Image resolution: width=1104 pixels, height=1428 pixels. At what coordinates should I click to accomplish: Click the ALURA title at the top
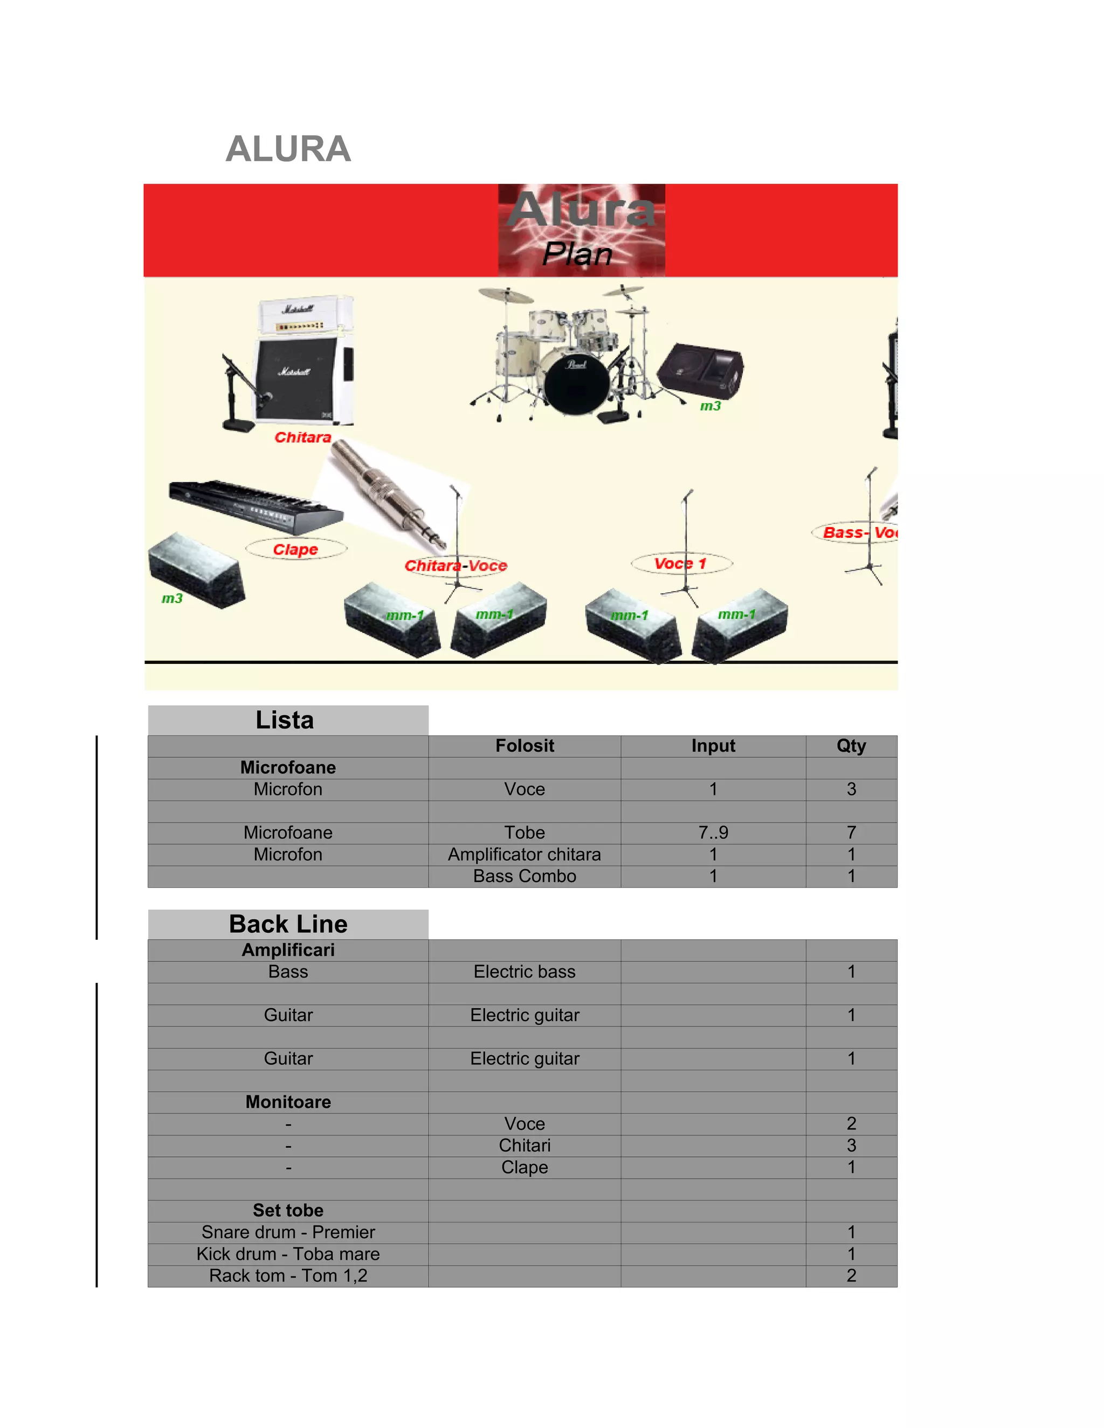click(288, 149)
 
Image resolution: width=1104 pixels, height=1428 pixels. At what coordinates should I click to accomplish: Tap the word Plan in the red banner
click(577, 254)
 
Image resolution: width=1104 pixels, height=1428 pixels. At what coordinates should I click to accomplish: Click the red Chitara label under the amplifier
click(303, 438)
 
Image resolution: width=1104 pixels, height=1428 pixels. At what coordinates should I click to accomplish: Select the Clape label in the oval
click(295, 549)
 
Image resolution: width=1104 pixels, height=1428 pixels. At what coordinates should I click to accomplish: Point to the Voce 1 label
click(680, 564)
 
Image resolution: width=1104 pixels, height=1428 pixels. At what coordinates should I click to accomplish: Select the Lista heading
click(285, 720)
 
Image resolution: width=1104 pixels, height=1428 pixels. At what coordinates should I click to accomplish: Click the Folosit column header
click(525, 746)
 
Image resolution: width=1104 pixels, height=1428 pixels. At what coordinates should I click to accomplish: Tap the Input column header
click(713, 746)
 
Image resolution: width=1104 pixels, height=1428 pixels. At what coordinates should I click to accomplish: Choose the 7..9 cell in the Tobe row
click(713, 833)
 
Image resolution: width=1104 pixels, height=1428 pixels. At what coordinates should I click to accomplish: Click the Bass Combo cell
click(525, 876)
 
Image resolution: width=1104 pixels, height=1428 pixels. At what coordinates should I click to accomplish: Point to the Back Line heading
click(288, 924)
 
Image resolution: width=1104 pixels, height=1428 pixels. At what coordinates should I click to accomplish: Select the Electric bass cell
click(525, 972)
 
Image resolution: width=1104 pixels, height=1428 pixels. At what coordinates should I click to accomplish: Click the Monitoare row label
click(288, 1102)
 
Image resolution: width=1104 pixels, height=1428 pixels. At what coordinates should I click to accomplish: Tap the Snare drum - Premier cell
click(288, 1232)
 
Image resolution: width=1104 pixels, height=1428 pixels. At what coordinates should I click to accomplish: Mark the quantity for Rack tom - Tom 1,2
click(851, 1276)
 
